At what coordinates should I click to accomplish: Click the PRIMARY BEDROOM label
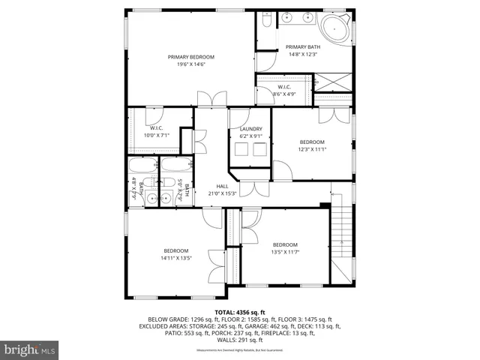[191, 57]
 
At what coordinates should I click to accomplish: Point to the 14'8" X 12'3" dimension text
[303, 54]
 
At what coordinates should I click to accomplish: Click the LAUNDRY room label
[250, 129]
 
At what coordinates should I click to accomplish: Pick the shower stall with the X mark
[331, 80]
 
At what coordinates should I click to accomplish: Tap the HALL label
[222, 186]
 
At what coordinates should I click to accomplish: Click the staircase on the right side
[341, 232]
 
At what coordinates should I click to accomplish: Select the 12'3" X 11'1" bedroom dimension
[312, 149]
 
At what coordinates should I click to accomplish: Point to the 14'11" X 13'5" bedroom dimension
[176, 258]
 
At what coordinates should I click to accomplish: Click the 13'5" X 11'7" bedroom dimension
[285, 252]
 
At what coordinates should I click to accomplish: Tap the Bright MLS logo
[30, 349]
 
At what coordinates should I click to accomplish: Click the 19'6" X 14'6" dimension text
[191, 64]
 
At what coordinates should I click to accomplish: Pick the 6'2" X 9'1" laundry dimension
[250, 136]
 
